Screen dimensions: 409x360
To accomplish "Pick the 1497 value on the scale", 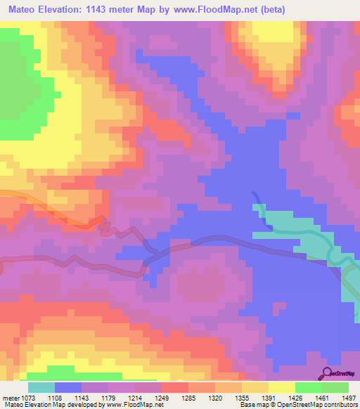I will [x=349, y=396].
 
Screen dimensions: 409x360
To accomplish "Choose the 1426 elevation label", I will [x=295, y=396].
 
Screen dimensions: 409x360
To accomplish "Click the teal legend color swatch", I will [x=41, y=387].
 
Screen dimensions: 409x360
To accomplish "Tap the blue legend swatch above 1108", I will [x=67, y=387].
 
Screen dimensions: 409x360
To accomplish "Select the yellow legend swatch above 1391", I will [x=282, y=387].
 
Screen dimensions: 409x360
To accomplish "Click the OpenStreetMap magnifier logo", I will [x=327, y=373].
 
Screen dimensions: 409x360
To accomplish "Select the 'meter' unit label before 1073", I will [x=12, y=396].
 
